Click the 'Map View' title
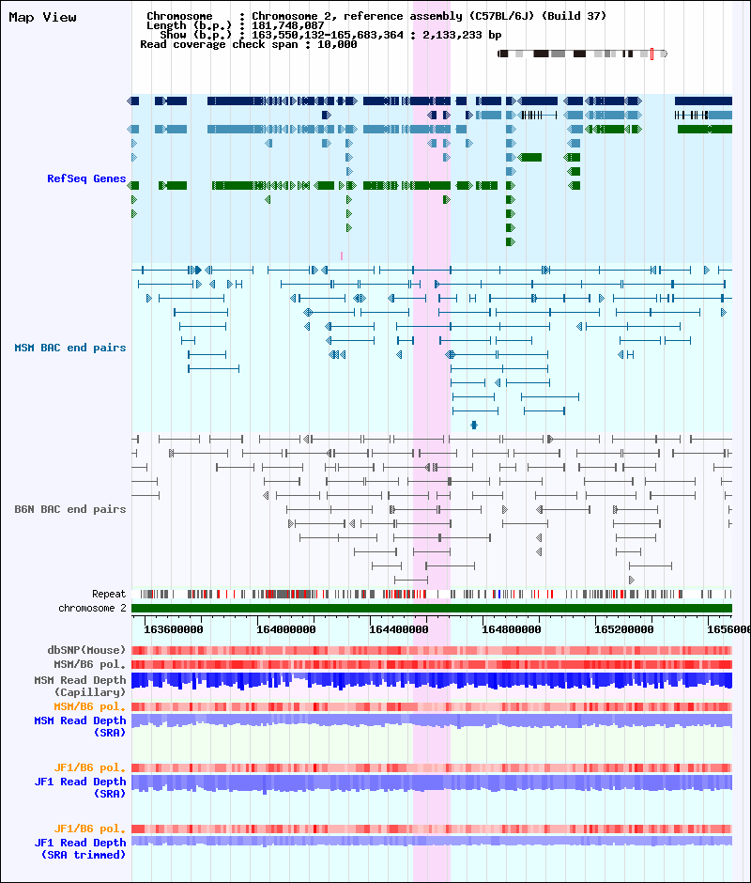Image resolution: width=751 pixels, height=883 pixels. [43, 18]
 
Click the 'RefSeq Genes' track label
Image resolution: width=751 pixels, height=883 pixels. [86, 178]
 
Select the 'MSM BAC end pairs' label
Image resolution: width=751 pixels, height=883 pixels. [70, 348]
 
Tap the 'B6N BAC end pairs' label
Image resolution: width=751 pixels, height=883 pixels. [70, 509]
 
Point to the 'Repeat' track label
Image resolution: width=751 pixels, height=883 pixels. [109, 594]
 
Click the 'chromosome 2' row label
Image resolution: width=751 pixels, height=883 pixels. [92, 608]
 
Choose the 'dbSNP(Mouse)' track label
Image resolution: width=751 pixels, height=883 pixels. [86, 650]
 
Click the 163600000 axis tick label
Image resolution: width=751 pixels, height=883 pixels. [174, 629]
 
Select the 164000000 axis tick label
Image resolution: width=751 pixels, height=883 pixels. [286, 629]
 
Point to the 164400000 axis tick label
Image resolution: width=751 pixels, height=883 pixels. [399, 629]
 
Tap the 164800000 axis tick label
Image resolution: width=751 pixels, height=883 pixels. [512, 629]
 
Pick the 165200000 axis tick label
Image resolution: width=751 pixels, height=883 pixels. [623, 629]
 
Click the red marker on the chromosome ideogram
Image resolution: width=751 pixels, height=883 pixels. [651, 54]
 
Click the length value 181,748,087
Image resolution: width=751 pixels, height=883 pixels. [287, 25]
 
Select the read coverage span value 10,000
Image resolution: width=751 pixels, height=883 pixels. [337, 44]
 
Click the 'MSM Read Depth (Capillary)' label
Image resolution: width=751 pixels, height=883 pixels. [80, 687]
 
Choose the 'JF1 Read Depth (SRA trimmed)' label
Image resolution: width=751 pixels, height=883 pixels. [80, 848]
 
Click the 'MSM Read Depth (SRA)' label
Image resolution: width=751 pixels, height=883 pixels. [80, 726]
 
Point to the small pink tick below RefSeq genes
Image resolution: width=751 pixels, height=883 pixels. [341, 256]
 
